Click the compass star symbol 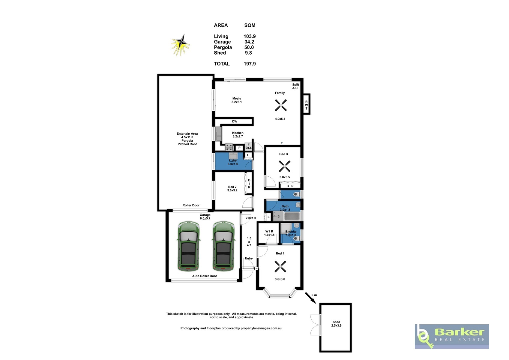(181, 45)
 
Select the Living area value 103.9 (250, 36)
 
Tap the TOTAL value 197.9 (250, 64)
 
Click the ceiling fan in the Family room (281, 105)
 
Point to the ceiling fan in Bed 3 (285, 166)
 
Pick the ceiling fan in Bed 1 (280, 266)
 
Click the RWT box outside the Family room (306, 104)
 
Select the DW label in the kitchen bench (235, 121)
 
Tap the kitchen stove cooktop (229, 147)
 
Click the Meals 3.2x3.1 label (237, 100)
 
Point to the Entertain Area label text (187, 133)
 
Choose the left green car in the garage (188, 246)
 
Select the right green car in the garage (223, 246)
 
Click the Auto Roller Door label (205, 276)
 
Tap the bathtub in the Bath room (292, 216)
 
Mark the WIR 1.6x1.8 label (269, 233)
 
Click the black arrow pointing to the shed (310, 298)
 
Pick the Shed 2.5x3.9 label (336, 324)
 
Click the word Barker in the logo (460, 332)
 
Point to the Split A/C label (295, 86)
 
